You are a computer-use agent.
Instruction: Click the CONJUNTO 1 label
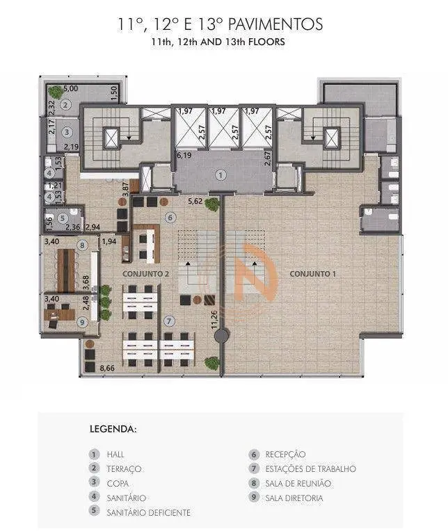312,274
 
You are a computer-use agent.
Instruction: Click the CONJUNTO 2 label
145,274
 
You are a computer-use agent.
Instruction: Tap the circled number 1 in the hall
221,175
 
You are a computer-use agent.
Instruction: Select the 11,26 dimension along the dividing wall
214,319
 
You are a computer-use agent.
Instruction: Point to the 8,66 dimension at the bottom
107,368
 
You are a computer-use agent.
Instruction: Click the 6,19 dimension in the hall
184,155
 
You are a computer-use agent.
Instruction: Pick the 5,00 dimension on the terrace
70,88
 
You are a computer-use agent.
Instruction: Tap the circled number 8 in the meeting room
82,245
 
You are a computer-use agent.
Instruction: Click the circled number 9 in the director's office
82,322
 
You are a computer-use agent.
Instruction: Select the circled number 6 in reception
170,218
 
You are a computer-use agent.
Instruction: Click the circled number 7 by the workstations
170,321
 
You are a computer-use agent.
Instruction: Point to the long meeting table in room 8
66,270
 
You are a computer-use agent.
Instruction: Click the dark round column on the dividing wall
221,336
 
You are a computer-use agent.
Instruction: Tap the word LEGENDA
113,429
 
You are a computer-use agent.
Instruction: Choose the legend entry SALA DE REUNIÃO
298,483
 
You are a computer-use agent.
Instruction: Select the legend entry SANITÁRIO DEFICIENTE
148,512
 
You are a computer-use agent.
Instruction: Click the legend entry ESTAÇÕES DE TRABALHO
311,468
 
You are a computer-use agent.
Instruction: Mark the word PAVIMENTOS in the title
275,24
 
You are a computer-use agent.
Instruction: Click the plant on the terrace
54,91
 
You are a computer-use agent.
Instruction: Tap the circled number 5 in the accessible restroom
62,218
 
